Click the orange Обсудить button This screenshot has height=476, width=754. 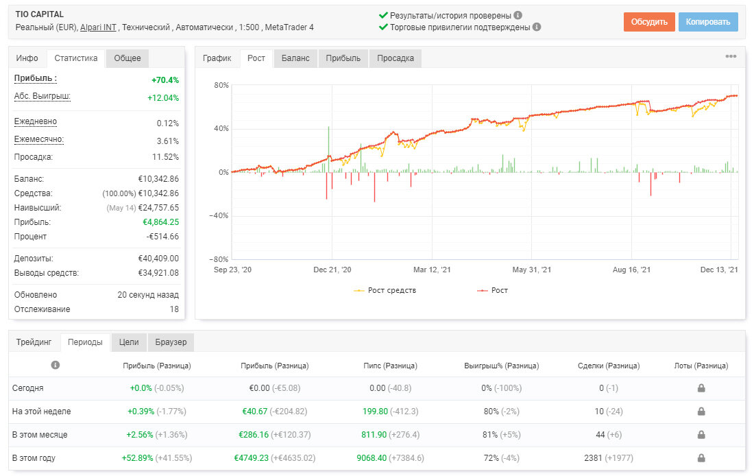(649, 22)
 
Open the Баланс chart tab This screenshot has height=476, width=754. (295, 58)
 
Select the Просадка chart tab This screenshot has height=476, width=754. (396, 58)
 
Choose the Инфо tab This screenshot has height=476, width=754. (27, 58)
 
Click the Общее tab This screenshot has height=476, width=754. (127, 58)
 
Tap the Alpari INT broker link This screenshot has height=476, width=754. (98, 27)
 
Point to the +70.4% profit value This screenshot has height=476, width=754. (165, 80)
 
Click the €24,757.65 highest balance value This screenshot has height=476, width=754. (158, 208)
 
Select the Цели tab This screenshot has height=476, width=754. (129, 342)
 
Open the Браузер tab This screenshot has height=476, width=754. (171, 342)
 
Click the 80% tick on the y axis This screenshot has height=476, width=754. (221, 85)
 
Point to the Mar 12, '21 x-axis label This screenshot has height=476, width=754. (432, 270)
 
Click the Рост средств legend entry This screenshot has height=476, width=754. (385, 290)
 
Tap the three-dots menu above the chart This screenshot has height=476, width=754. (731, 56)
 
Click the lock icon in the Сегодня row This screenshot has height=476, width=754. (701, 388)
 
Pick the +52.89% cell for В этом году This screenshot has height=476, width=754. (137, 457)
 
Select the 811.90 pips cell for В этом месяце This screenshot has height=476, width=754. (374, 435)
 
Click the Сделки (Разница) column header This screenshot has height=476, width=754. (608, 366)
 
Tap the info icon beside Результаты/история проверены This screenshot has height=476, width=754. (518, 15)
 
